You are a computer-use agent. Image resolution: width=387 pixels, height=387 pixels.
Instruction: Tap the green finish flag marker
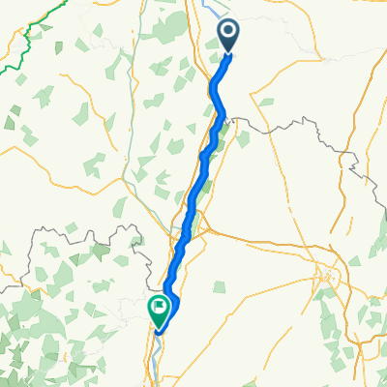158,309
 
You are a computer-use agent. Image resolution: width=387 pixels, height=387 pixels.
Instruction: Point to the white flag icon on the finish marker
158,307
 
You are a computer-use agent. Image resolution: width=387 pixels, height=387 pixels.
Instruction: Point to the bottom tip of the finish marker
158,325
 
